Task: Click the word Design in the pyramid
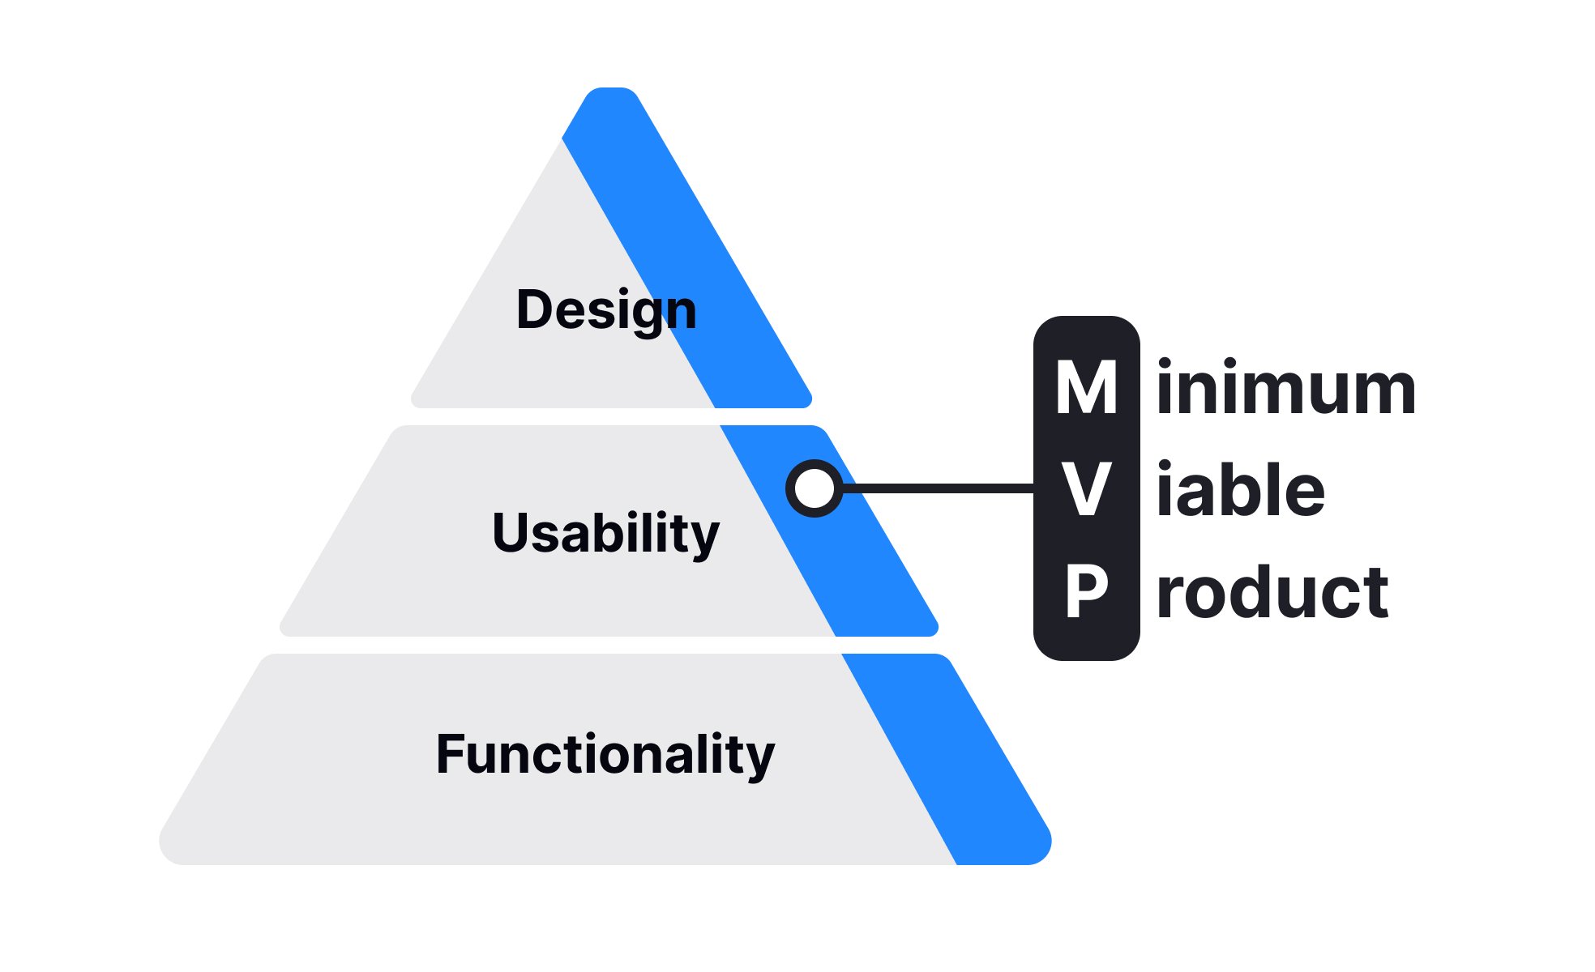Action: (606, 310)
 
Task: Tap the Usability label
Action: (605, 533)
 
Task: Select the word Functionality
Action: (605, 754)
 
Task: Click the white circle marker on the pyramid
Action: (815, 488)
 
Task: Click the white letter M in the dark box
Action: (1086, 389)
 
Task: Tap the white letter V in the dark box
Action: (1086, 489)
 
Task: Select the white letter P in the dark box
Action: (1086, 591)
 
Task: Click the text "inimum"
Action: (1285, 389)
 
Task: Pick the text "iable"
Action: (1240, 489)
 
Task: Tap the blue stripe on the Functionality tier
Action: (948, 761)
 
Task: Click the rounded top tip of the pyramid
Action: (612, 96)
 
